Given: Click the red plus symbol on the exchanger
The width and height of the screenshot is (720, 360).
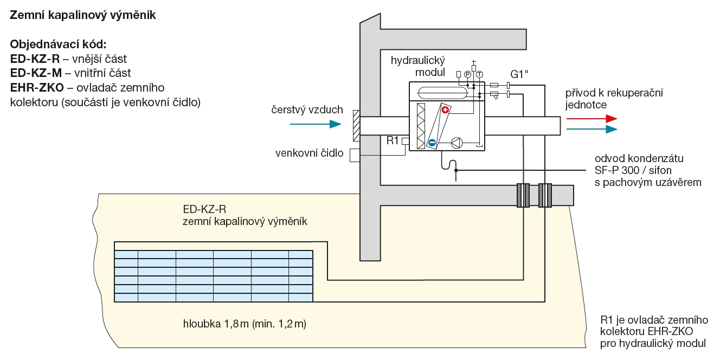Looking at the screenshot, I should (x=446, y=111).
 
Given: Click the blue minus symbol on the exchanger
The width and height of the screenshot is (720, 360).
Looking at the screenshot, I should (x=432, y=143).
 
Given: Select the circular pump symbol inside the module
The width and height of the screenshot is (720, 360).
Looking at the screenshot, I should (x=457, y=143).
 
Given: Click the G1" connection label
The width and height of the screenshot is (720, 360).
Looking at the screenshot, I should (x=519, y=74).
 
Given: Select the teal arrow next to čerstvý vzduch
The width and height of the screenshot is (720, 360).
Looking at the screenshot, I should (x=315, y=124).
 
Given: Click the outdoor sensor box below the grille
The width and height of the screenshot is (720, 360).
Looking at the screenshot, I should (x=355, y=156).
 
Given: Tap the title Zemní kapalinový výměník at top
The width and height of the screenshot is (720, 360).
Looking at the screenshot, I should (x=83, y=16).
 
